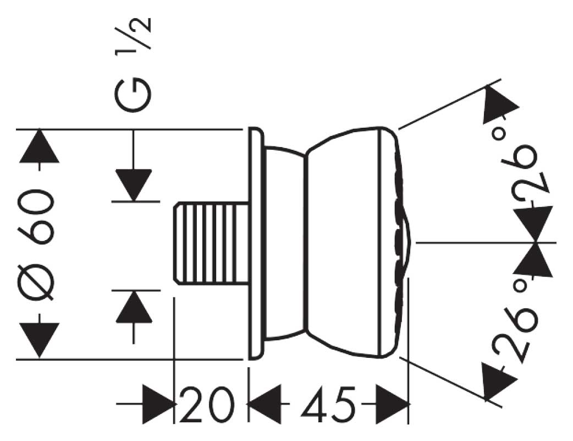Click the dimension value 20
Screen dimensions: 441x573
(205, 405)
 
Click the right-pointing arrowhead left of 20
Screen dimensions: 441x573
(159, 405)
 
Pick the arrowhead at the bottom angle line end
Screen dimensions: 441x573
(498, 379)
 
